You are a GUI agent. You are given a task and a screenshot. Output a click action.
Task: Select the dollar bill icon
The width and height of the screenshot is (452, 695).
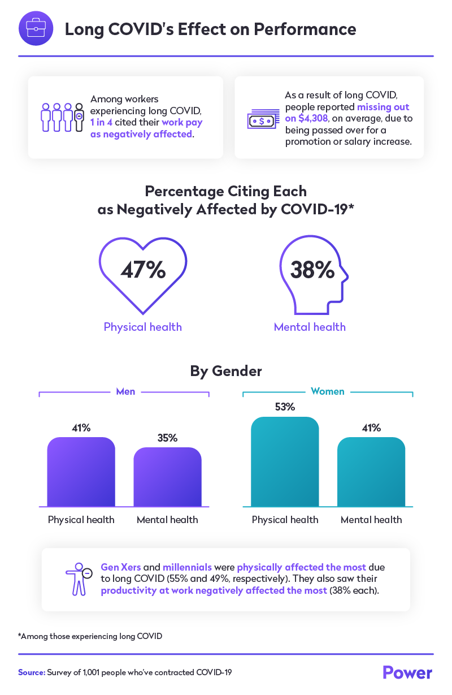263,120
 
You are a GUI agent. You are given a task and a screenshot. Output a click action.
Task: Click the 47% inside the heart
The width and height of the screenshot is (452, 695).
143,270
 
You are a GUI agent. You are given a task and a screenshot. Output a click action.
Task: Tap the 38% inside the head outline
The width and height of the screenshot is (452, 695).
312,270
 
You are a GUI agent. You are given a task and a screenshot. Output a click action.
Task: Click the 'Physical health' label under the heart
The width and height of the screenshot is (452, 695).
143,327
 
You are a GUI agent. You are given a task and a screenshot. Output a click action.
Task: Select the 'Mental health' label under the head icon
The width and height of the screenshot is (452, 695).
310,327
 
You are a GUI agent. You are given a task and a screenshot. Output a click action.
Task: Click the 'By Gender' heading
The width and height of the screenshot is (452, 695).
226,372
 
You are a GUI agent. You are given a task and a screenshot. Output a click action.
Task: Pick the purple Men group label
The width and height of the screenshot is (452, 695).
125,391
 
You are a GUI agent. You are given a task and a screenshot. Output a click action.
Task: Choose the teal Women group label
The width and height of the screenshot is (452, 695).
328,391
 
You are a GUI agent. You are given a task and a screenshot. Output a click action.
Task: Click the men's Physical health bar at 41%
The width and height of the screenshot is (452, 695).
81,472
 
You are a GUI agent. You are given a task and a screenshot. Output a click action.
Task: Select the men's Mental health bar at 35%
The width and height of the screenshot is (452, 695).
167,477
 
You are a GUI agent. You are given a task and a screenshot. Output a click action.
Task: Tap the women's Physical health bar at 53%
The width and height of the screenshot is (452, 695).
285,462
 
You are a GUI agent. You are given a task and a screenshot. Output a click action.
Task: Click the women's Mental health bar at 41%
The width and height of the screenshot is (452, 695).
371,472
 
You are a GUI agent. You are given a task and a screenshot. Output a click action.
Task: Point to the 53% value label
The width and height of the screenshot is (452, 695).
285,407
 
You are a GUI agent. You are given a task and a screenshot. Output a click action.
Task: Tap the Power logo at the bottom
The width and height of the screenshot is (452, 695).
407,672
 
